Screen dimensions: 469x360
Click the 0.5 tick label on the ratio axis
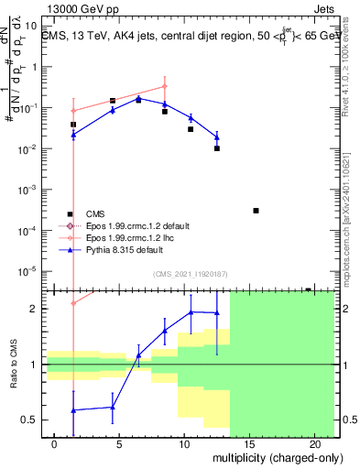pos(29,420)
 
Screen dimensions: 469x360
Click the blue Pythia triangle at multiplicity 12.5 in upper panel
pos(217,137)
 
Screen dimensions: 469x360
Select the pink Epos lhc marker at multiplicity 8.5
pos(165,87)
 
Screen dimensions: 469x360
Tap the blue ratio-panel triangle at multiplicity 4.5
pos(113,407)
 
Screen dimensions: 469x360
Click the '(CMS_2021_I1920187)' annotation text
pos(189,273)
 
